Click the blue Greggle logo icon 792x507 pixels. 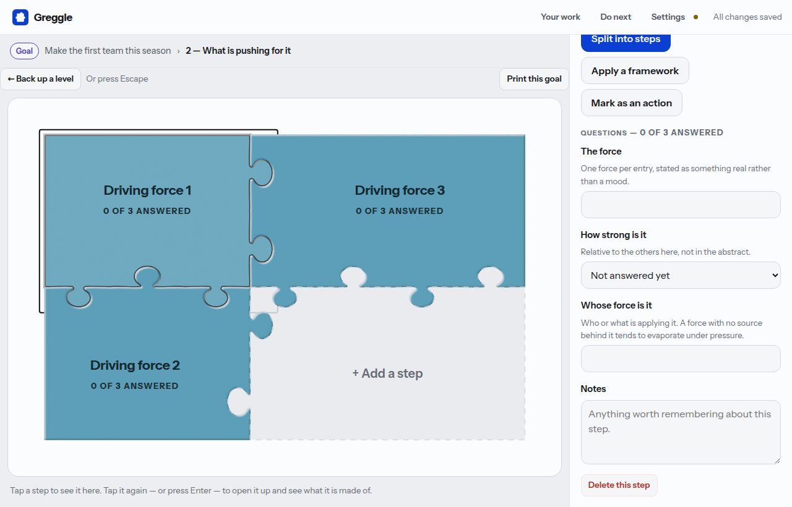pyautogui.click(x=20, y=17)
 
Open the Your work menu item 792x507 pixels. pyautogui.click(x=561, y=17)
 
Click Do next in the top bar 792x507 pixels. pyautogui.click(x=616, y=17)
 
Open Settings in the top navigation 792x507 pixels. pyautogui.click(x=668, y=17)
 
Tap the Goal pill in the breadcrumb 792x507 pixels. pyautogui.click(x=24, y=51)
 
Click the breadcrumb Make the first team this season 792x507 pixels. pyautogui.click(x=108, y=51)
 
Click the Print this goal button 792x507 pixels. pyautogui.click(x=534, y=79)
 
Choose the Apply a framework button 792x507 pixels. pyautogui.click(x=635, y=70)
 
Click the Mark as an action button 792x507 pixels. pyautogui.click(x=632, y=103)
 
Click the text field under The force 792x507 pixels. pyautogui.click(x=681, y=205)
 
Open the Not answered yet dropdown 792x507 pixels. pyautogui.click(x=681, y=275)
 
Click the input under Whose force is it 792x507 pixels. pyautogui.click(x=681, y=359)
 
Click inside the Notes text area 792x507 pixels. pyautogui.click(x=681, y=432)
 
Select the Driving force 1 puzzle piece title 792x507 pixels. pyautogui.click(x=147, y=190)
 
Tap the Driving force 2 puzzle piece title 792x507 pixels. pyautogui.click(x=135, y=365)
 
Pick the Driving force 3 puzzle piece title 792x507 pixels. pyautogui.click(x=400, y=190)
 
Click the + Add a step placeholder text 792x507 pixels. pyautogui.click(x=387, y=373)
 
